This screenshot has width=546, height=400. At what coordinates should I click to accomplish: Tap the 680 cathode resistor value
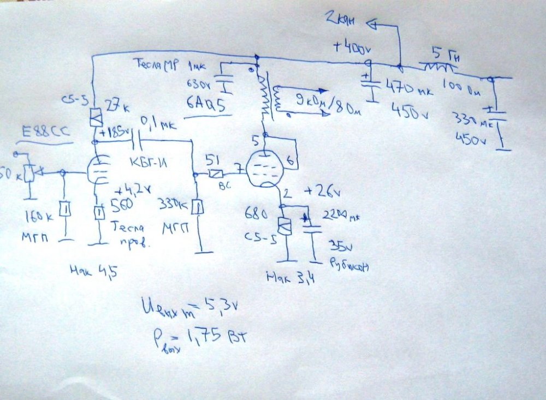click(254, 211)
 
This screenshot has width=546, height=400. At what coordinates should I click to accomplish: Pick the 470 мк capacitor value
click(409, 89)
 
